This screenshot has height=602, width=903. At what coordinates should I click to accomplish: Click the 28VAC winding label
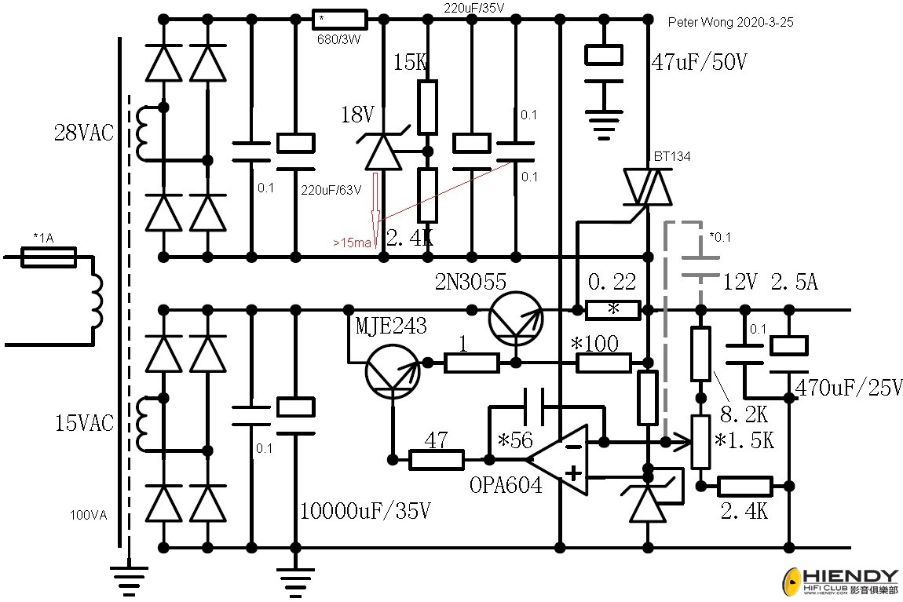[84, 133]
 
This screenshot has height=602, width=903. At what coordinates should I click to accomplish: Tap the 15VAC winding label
[84, 423]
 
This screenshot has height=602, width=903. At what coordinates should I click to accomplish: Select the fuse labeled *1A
[49, 257]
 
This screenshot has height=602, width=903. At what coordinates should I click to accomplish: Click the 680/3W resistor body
[340, 19]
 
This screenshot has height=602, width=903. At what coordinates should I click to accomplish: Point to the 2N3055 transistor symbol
[515, 318]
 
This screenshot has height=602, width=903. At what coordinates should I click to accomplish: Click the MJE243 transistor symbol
[393, 371]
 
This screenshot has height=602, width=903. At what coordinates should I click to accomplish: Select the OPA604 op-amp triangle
[558, 460]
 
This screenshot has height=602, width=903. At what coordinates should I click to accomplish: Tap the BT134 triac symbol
[648, 187]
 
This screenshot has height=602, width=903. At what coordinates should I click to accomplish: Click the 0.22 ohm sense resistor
[612, 310]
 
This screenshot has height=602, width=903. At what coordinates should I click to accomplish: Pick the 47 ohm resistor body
[436, 460]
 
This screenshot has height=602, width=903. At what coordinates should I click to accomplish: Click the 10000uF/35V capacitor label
[365, 510]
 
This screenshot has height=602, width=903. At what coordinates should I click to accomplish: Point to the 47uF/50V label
[699, 61]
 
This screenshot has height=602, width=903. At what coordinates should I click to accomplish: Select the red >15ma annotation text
[352, 243]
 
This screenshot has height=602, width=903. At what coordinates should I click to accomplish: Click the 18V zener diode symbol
[383, 151]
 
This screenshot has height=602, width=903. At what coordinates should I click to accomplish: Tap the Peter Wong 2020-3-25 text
[731, 23]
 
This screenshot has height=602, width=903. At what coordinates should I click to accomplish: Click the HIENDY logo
[840, 582]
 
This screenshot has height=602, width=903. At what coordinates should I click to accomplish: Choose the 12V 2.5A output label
[770, 282]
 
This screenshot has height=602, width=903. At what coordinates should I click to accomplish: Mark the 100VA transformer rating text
[88, 515]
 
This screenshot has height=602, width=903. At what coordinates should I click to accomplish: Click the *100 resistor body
[604, 363]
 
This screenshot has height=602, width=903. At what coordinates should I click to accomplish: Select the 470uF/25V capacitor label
[849, 388]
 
